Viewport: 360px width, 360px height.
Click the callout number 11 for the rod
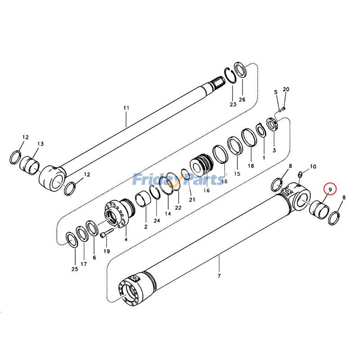(126, 108)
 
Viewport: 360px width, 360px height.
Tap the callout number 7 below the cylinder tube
(219, 275)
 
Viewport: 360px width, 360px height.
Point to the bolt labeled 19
(105, 234)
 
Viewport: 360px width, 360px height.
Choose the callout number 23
(233, 104)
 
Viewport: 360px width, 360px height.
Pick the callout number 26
(242, 99)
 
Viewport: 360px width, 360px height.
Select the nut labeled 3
(273, 123)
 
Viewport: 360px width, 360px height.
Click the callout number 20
(286, 89)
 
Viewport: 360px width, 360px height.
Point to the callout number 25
(74, 269)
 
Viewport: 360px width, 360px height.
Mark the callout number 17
(84, 264)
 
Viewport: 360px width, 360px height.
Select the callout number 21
(192, 199)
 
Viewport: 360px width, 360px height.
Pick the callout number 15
(237, 174)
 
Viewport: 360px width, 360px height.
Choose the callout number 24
(157, 220)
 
